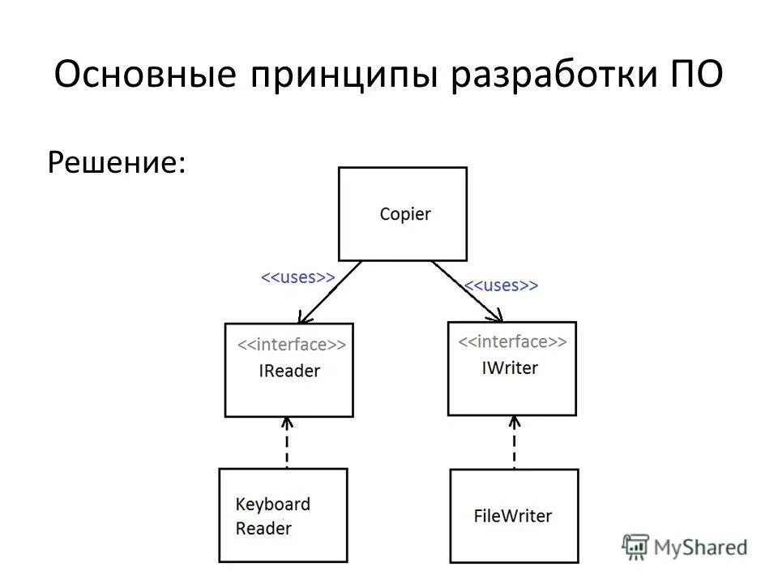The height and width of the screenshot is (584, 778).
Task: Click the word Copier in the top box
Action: pos(405,215)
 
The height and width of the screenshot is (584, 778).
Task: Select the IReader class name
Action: pos(289,371)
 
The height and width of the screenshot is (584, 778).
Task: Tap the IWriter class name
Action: pos(510,367)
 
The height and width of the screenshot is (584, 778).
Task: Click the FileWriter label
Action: pos(512,515)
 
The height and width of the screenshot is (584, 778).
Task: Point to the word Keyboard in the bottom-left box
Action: pos(273,504)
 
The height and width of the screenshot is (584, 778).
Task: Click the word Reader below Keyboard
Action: pos(263,529)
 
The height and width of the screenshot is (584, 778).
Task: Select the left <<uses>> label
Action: pos(297,277)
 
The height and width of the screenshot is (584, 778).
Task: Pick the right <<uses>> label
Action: pos(501,286)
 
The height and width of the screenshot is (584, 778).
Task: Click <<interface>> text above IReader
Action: pos(291,345)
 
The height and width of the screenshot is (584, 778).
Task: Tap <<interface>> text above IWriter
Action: pos(512,341)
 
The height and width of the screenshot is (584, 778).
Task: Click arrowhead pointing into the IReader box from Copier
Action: pos(302,317)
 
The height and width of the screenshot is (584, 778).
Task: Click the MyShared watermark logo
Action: pos(685,547)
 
